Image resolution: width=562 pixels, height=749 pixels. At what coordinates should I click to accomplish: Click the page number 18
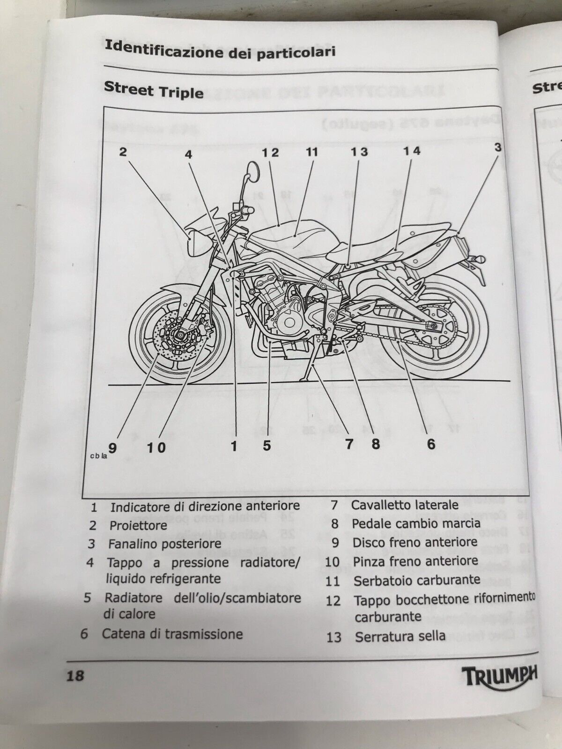pos(75,676)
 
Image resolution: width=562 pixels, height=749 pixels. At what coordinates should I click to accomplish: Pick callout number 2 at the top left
pos(123,151)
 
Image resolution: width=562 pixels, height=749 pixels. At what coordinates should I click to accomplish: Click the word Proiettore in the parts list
pos(138,525)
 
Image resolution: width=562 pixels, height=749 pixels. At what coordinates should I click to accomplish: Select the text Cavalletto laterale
pos(405,505)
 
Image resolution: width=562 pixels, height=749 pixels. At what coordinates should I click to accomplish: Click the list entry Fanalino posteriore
pos(164,544)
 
